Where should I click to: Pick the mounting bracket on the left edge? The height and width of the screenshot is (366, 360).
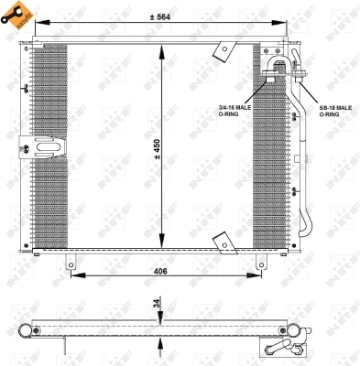pyautogui.click(x=40, y=144)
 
